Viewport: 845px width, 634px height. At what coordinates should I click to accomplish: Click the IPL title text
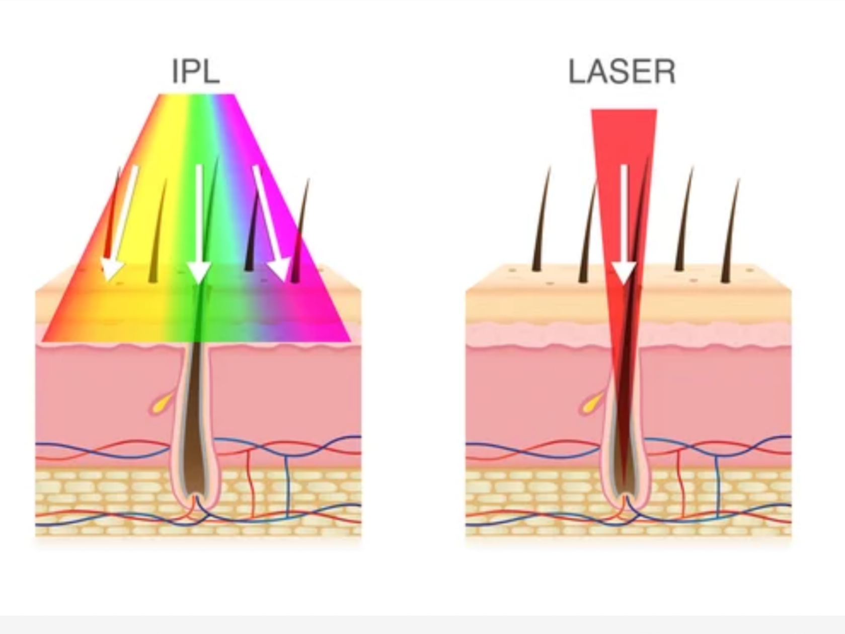point(196,71)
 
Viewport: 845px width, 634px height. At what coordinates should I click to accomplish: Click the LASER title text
point(622,72)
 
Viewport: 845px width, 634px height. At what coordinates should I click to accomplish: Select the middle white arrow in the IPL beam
point(199,227)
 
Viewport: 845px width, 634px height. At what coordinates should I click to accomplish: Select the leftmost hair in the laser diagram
point(541,222)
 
